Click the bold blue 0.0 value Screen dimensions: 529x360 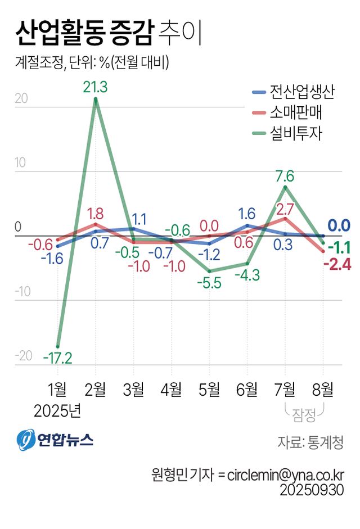click(x=339, y=226)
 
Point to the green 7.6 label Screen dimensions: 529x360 click(x=285, y=175)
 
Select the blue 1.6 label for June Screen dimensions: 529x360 click(x=247, y=214)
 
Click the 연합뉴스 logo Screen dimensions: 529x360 click(x=55, y=440)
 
